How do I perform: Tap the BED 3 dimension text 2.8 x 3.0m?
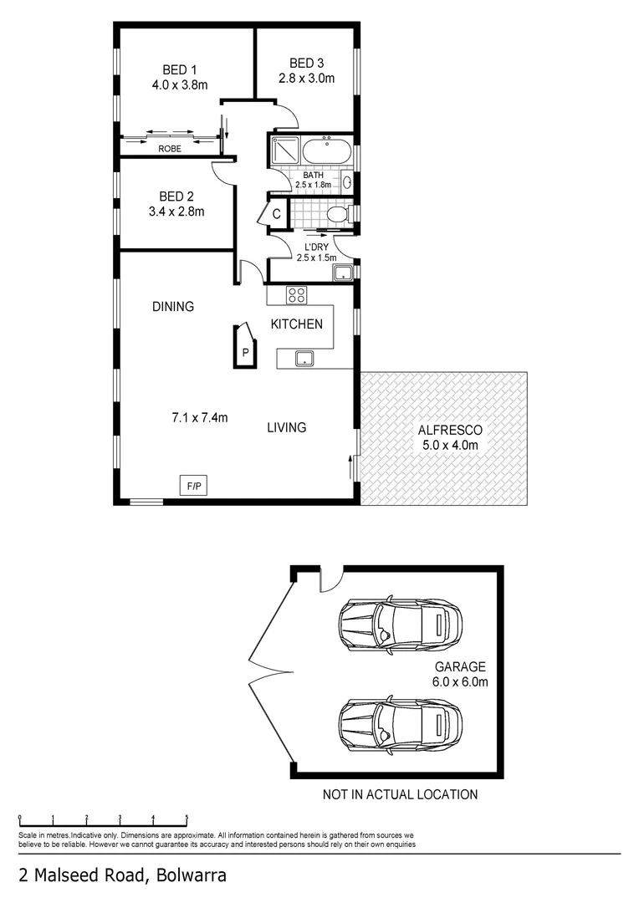306,79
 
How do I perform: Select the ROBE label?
170,148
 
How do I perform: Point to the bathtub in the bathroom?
327,152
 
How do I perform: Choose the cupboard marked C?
276,214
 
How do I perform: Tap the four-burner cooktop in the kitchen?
297,294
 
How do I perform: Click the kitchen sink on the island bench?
304,359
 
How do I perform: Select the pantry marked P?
245,351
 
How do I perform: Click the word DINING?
173,307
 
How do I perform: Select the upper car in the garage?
400,622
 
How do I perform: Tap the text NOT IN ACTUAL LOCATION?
400,794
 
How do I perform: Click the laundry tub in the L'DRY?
342,272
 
